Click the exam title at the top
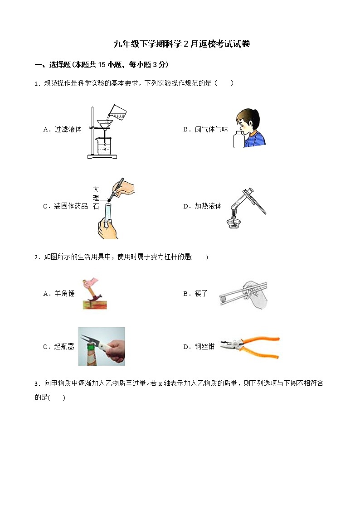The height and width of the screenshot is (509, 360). tap(181, 44)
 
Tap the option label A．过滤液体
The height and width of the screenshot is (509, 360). tap(62, 129)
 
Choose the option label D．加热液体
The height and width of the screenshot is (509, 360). tap(202, 206)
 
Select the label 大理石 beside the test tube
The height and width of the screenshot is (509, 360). tap(95, 198)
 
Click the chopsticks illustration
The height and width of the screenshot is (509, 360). tap(243, 294)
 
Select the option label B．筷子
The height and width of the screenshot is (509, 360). tap(195, 294)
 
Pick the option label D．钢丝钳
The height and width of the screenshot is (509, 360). tap(199, 347)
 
